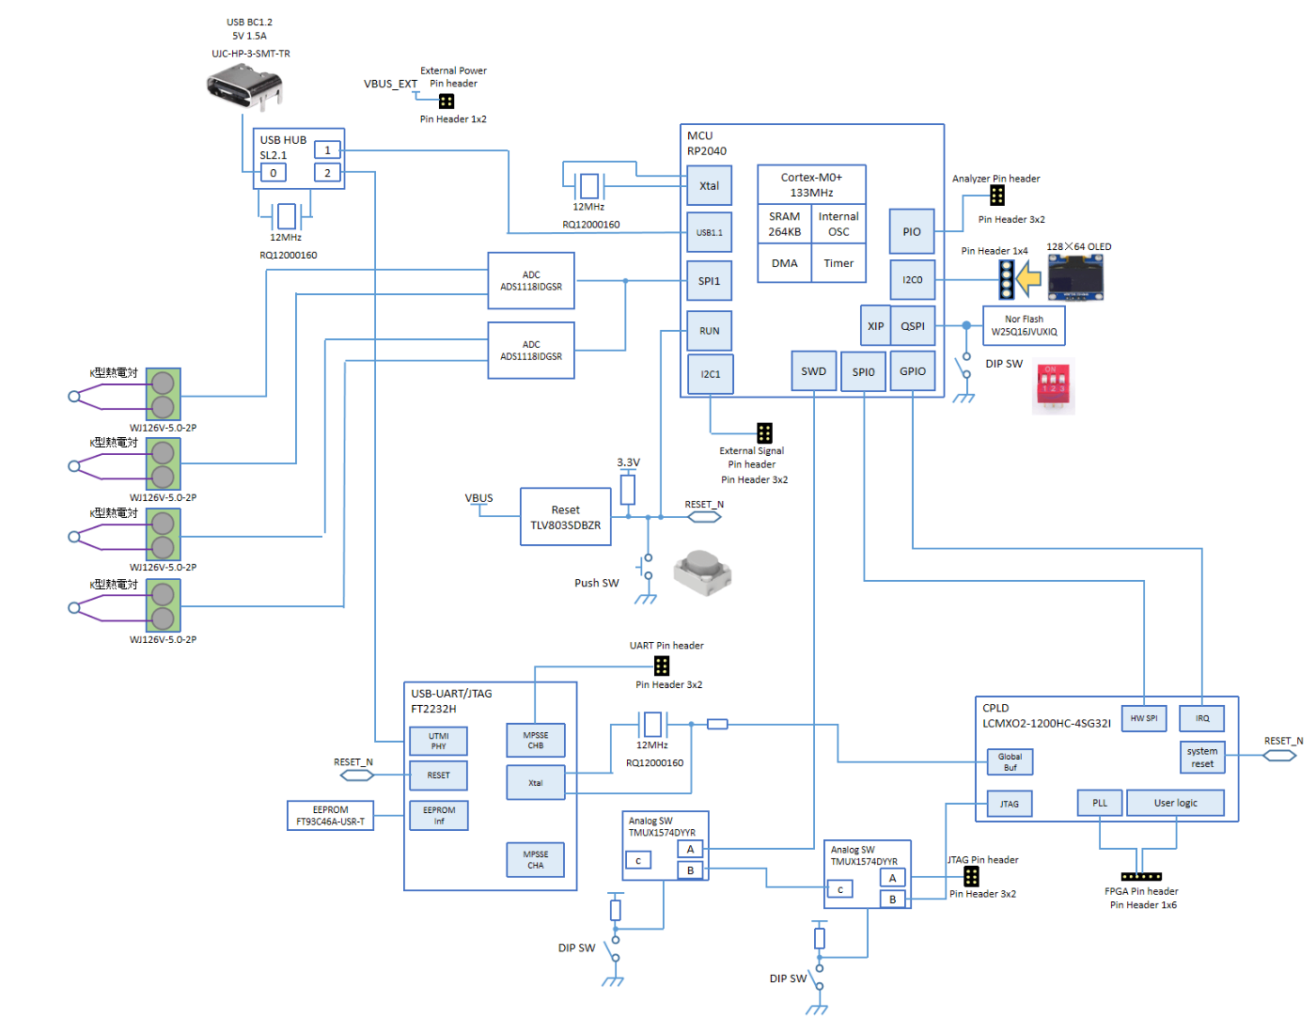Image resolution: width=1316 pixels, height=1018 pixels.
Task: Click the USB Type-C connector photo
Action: pyautogui.click(x=245, y=89)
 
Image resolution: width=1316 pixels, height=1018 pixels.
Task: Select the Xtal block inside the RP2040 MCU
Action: pyautogui.click(x=709, y=186)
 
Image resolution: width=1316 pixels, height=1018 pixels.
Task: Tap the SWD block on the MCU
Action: pyautogui.click(x=814, y=371)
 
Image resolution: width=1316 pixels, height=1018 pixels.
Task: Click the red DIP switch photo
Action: pyautogui.click(x=1053, y=386)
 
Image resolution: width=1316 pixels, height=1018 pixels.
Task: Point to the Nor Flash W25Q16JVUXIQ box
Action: pyautogui.click(x=1024, y=325)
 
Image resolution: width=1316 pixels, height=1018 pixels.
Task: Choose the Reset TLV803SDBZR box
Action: pyautogui.click(x=565, y=517)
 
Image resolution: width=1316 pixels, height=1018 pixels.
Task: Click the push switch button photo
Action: pyautogui.click(x=702, y=572)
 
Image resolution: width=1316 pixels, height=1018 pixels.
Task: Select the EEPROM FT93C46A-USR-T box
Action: pyautogui.click(x=330, y=815)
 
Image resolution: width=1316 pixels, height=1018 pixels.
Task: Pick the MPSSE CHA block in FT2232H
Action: pyautogui.click(x=535, y=859)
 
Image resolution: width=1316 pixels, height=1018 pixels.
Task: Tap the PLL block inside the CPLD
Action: pyautogui.click(x=1100, y=803)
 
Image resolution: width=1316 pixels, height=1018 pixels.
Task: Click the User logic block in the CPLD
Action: pyautogui.click(x=1175, y=803)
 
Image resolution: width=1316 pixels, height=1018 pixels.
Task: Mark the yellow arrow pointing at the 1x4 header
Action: pyautogui.click(x=1029, y=278)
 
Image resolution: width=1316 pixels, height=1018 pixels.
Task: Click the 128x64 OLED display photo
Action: pyautogui.click(x=1076, y=277)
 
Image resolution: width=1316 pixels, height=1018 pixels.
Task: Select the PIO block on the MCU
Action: pyautogui.click(x=912, y=231)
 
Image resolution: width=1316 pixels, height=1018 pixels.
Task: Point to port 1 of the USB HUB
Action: pyautogui.click(x=327, y=149)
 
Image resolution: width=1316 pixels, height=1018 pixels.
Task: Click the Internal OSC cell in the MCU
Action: pyautogui.click(x=838, y=224)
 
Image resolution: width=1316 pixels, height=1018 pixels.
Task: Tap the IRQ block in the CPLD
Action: pyautogui.click(x=1202, y=718)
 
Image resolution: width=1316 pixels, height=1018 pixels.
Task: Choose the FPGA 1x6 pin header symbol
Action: pyautogui.click(x=1141, y=876)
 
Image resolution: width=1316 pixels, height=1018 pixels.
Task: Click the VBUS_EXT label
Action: pyautogui.click(x=390, y=84)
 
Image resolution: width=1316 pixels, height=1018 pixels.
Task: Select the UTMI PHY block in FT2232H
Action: pyautogui.click(x=438, y=741)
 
